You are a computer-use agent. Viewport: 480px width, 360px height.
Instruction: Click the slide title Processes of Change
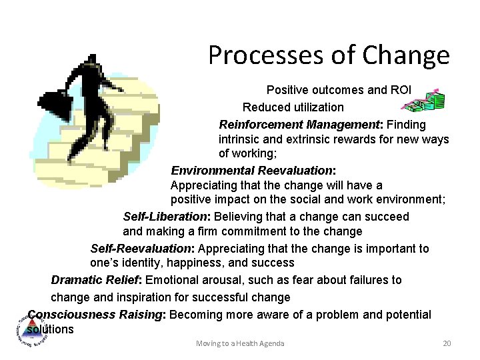[x=329, y=55]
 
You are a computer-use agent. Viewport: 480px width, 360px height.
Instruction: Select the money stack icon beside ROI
[x=427, y=100]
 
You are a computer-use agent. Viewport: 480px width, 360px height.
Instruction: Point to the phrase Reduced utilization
[x=293, y=107]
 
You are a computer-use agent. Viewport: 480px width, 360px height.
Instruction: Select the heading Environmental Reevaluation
[x=253, y=171]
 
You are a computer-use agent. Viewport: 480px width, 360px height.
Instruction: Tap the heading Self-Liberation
[x=166, y=217]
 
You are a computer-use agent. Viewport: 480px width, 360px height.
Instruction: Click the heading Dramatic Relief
[x=96, y=280]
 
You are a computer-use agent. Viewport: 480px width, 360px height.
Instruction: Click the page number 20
[x=447, y=343]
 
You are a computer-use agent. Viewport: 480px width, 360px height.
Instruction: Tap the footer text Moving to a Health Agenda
[x=240, y=343]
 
